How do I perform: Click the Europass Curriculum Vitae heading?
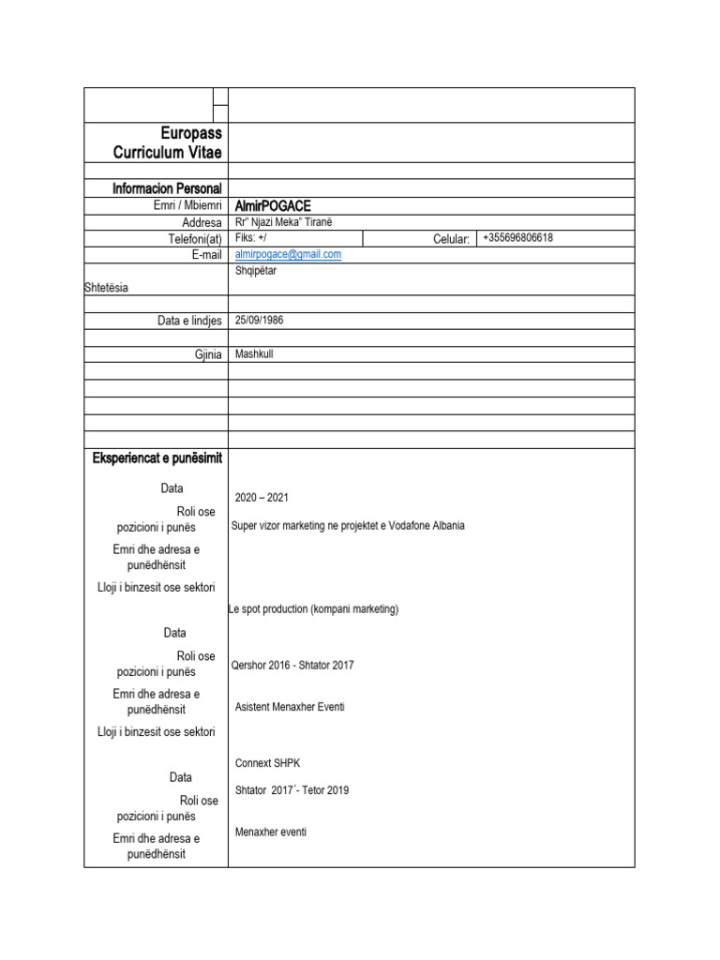pyautogui.click(x=167, y=142)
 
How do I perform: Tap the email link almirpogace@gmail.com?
pyautogui.click(x=288, y=254)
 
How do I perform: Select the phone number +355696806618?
pyautogui.click(x=517, y=238)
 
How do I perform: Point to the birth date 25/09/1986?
pyautogui.click(x=259, y=320)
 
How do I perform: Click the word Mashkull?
pyautogui.click(x=254, y=354)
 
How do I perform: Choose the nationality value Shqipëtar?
pyautogui.click(x=256, y=271)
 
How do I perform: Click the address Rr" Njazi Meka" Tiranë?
pyautogui.click(x=283, y=222)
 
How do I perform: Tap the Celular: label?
pyautogui.click(x=451, y=239)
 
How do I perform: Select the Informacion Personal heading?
pyautogui.click(x=167, y=188)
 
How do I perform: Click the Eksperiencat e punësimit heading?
pyautogui.click(x=157, y=457)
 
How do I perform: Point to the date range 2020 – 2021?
pyautogui.click(x=262, y=498)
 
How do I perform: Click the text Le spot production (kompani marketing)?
pyautogui.click(x=313, y=609)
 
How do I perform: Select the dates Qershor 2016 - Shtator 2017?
pyautogui.click(x=292, y=665)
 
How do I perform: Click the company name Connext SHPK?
pyautogui.click(x=267, y=763)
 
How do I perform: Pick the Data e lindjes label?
pyautogui.click(x=189, y=321)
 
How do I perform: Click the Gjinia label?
pyautogui.click(x=207, y=354)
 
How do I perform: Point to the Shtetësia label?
pyautogui.click(x=107, y=288)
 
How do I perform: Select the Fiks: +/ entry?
pyautogui.click(x=250, y=238)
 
